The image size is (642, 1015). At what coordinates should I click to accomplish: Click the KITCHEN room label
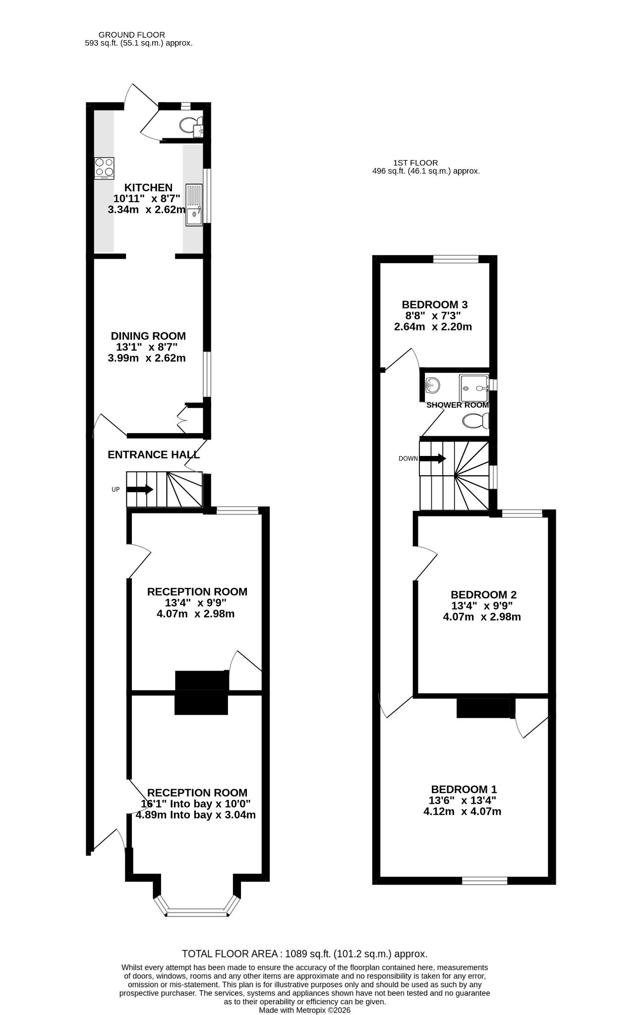click(148, 188)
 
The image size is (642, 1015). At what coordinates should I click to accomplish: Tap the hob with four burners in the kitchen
click(105, 169)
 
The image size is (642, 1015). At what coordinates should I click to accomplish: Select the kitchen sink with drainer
click(194, 205)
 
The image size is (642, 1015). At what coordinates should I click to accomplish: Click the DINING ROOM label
click(148, 336)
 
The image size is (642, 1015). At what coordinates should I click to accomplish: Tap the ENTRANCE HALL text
click(154, 454)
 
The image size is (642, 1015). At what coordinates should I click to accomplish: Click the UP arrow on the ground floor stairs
click(140, 490)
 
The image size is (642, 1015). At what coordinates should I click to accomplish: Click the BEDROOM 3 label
click(435, 304)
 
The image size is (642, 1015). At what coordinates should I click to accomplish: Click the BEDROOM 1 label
click(464, 789)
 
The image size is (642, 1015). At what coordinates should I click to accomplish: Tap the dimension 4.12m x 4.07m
click(462, 812)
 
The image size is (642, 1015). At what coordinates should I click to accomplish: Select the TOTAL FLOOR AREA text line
click(304, 954)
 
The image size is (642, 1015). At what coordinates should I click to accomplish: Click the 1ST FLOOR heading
click(415, 163)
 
